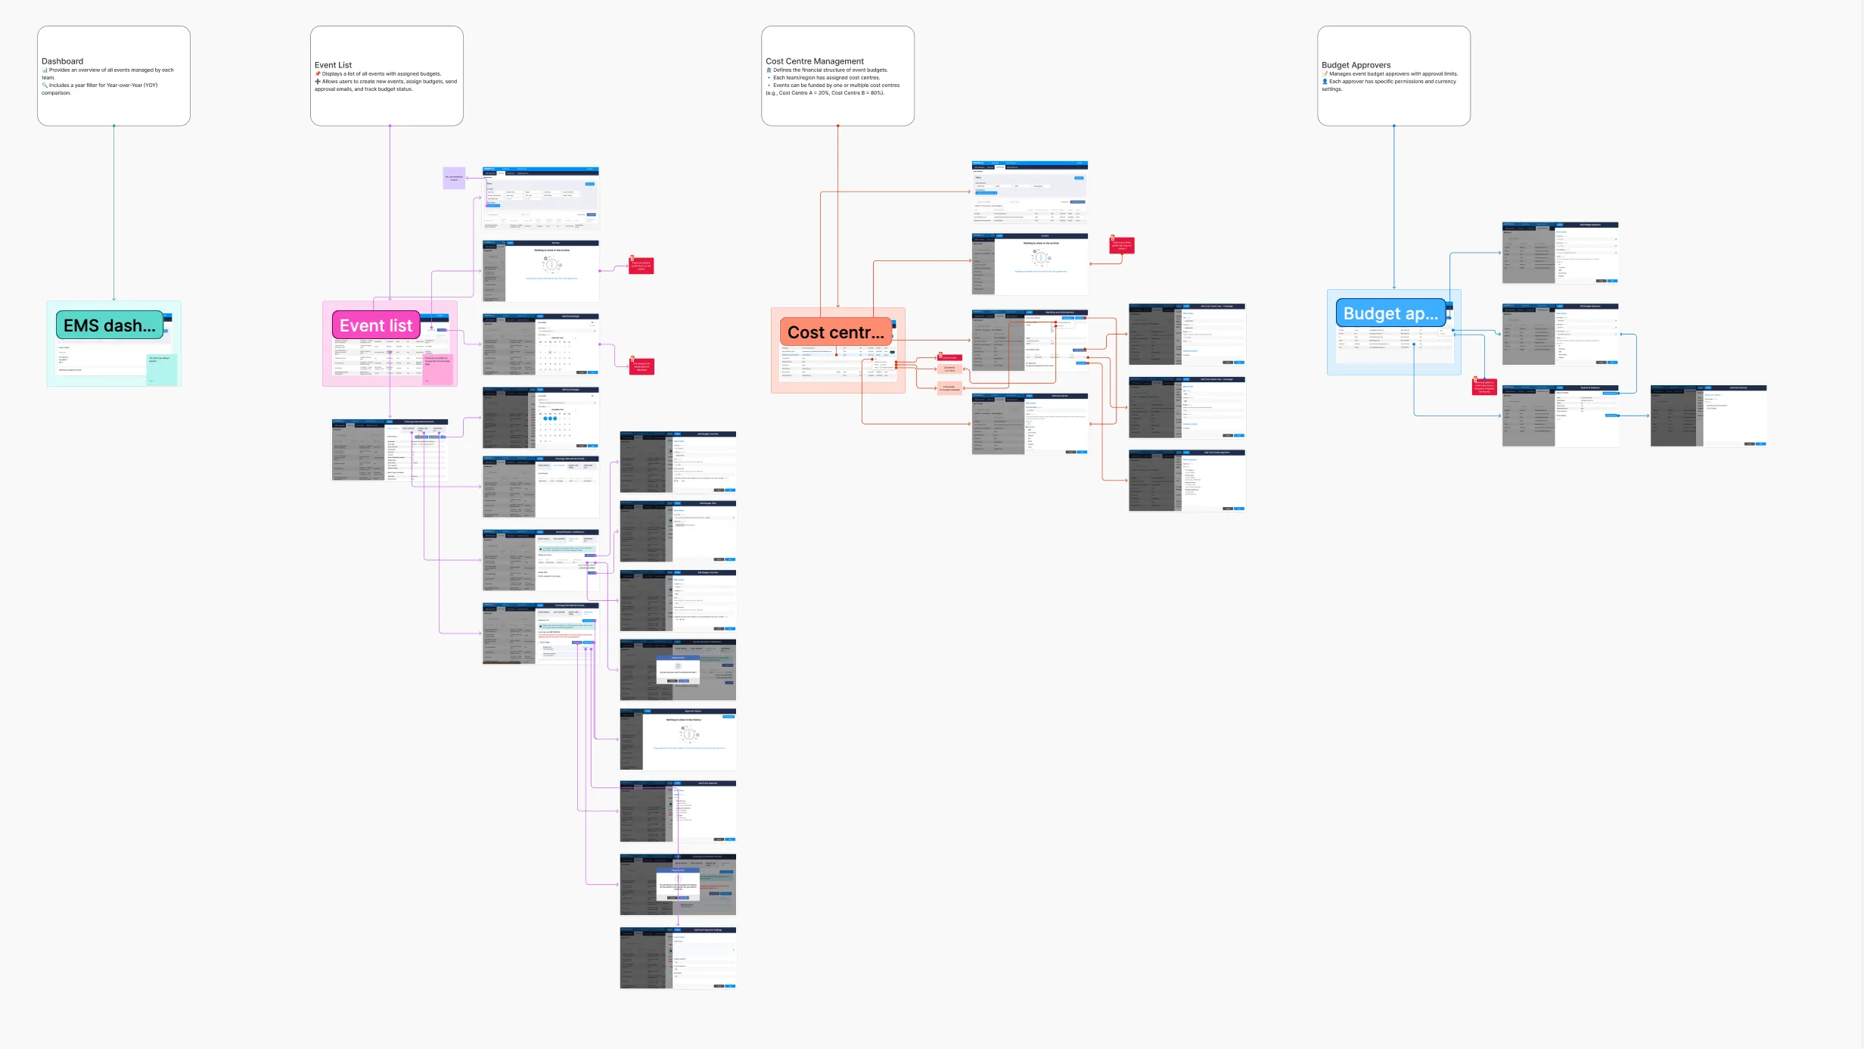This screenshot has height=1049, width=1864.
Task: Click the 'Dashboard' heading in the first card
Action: (63, 61)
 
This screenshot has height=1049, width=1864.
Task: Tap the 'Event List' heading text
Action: (333, 65)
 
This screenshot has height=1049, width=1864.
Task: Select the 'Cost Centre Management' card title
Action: (814, 61)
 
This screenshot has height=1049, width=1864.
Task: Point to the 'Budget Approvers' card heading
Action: (1356, 65)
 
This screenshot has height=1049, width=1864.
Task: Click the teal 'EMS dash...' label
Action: (110, 325)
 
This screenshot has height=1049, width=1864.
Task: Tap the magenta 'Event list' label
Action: (376, 325)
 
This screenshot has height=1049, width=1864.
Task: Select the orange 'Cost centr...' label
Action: (835, 332)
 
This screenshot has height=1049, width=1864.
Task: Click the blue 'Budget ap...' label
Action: (1390, 313)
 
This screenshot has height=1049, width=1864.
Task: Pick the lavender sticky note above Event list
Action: (454, 179)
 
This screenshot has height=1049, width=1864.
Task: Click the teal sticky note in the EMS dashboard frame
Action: (161, 369)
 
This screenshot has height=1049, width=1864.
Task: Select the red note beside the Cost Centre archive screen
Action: (1122, 245)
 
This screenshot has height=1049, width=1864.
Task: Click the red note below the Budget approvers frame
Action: (1484, 387)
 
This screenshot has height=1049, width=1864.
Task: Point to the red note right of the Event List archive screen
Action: (641, 266)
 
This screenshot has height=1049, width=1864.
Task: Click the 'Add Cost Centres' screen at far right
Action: (1708, 416)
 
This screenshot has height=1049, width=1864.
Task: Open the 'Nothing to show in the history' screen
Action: (678, 739)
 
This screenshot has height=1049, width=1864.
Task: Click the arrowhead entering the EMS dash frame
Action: (114, 299)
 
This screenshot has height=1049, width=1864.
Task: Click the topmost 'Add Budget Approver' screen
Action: (1560, 253)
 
